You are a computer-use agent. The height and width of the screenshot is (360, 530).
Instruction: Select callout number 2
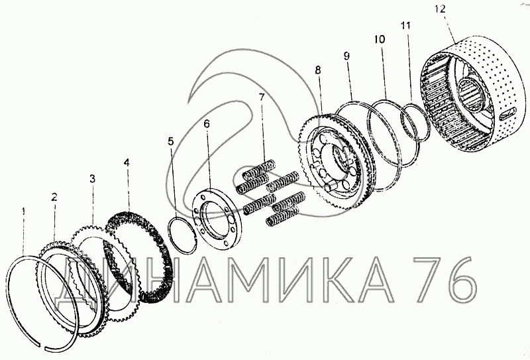pos(54,197)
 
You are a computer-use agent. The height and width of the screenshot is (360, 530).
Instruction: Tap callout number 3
pos(93,179)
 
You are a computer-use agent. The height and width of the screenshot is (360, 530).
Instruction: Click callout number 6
pos(206,123)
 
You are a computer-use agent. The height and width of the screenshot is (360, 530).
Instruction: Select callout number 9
pos(346,56)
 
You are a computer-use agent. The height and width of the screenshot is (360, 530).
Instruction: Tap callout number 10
pos(380,40)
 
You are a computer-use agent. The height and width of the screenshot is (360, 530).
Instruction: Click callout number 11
pos(405,26)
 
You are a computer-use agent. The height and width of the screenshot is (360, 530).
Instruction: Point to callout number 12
pos(441,9)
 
